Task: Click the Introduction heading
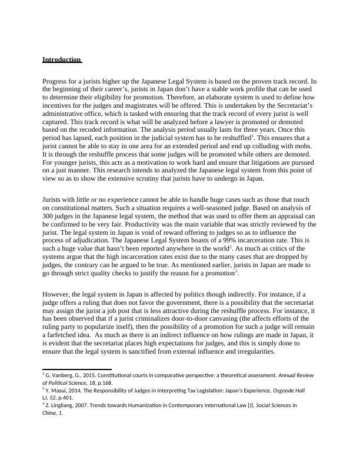pyautogui.click(x=61, y=60)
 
